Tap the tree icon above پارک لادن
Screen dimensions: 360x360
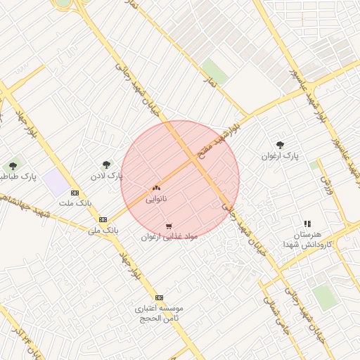pos(107,165)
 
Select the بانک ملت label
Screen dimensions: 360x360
pos(75,203)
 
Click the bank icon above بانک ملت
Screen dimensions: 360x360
pos(75,193)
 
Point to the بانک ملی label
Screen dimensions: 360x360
pos(103,230)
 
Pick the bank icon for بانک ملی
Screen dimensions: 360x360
pos(103,219)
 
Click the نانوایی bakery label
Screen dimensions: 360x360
pos(156,200)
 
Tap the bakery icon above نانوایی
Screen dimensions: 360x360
pos(156,188)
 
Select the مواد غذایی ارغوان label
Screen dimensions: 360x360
pos(169,237)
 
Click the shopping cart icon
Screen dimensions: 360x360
pos(169,226)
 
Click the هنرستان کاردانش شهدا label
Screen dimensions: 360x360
pos(307,238)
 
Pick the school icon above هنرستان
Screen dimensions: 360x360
pos(307,224)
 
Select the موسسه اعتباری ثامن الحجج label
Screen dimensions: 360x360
pos(160,314)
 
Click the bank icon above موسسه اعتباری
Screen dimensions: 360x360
pos(159,297)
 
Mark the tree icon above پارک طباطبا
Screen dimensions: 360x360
pos(13,166)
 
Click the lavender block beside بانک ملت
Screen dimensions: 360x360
pos(55,184)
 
